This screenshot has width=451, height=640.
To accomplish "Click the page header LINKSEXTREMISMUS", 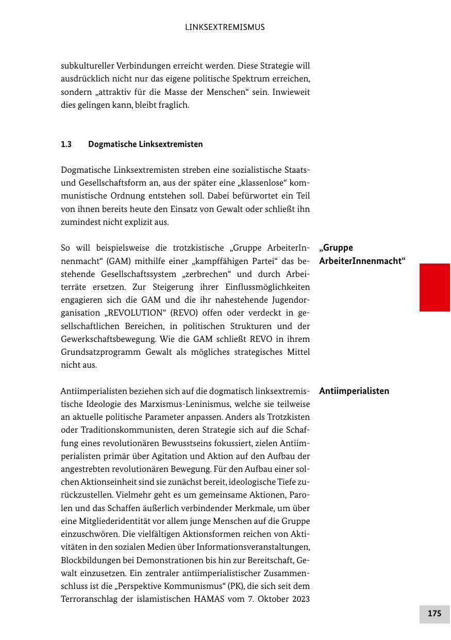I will point(225,27).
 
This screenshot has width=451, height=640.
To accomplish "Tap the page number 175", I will point(435,614).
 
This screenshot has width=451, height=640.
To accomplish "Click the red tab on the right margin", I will point(435,287).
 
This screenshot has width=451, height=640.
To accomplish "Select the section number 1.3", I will point(66,144).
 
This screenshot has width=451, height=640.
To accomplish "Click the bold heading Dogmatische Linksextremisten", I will point(145,144).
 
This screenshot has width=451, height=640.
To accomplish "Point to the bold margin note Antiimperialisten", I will point(354,391).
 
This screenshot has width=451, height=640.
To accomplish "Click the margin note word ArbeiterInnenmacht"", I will point(362,261).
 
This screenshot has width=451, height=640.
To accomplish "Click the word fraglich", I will point(175,105).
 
